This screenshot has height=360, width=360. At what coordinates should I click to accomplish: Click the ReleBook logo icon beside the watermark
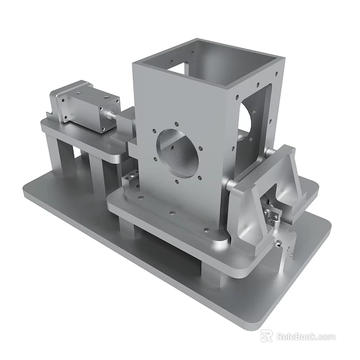(266, 336)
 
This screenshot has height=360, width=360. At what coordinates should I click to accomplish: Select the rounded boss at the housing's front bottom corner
(218, 242)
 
